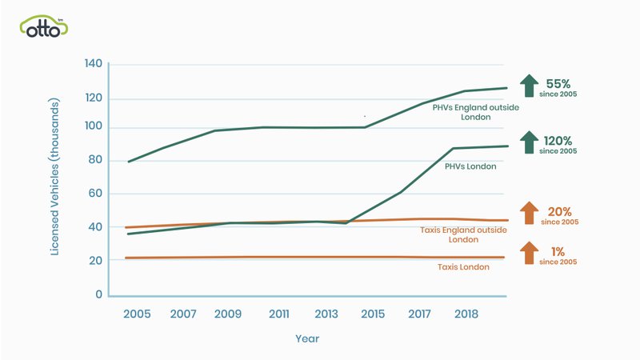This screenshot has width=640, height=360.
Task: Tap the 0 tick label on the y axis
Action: pyautogui.click(x=100, y=294)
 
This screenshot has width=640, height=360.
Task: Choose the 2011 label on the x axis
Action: pyautogui.click(x=279, y=314)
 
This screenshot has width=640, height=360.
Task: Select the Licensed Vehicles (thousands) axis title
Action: pyautogui.click(x=55, y=178)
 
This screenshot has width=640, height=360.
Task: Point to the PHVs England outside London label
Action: pyautogui.click(x=464, y=111)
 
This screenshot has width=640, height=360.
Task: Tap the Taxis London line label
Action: pyautogui.click(x=463, y=266)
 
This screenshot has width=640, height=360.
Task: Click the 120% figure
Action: pyautogui.click(x=560, y=138)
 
